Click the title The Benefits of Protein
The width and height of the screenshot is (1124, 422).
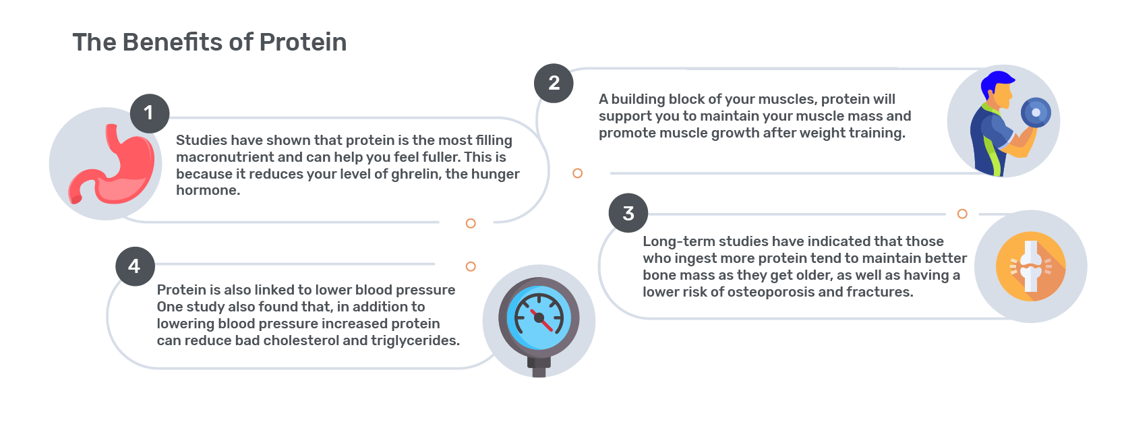coord(210,42)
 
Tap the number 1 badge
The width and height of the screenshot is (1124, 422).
coord(150,113)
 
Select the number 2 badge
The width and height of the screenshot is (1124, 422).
coord(554,84)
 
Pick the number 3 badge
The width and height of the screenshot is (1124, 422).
coord(628,213)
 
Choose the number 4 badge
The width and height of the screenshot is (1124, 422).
coord(135,266)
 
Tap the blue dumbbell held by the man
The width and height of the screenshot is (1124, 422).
coord(1036,113)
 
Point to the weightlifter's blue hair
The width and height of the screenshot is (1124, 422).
coord(997,84)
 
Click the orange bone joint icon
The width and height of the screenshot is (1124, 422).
coord(1031,266)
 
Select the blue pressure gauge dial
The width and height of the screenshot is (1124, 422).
coord(539,318)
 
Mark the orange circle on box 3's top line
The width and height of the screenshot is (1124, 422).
coord(962,214)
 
